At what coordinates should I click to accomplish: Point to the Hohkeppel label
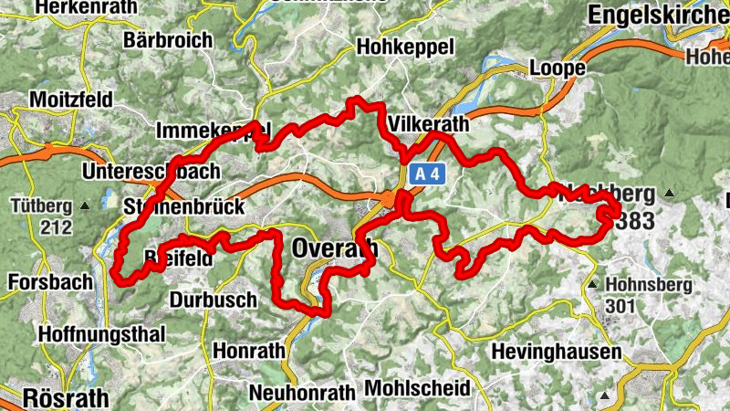coord(405,47)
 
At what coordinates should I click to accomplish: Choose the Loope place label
coord(558,68)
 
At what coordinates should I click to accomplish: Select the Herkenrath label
coord(79,6)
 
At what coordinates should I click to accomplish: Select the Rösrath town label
coord(64,398)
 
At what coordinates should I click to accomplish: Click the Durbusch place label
coord(214,300)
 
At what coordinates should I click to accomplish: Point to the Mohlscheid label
coord(417,388)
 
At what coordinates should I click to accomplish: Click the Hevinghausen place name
coord(556,352)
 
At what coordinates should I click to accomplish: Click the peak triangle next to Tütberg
coord(85,205)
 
